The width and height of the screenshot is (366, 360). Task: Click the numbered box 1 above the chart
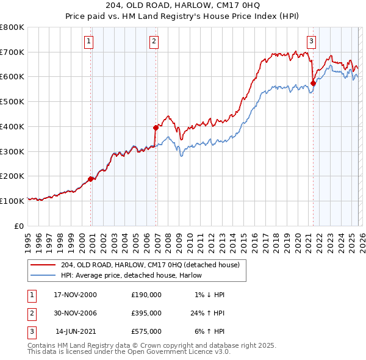pyautogui.click(x=88, y=41)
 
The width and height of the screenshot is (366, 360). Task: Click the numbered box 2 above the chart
pyautogui.click(x=154, y=41)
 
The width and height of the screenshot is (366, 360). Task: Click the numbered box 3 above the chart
pyautogui.click(x=311, y=41)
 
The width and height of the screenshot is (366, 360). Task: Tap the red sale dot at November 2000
pyautogui.click(x=91, y=179)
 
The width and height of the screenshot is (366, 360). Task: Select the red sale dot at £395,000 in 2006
pyautogui.click(x=156, y=128)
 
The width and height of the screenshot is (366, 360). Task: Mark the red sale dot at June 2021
pyautogui.click(x=313, y=83)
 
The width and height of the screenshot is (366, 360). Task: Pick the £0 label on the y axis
pyautogui.click(x=20, y=226)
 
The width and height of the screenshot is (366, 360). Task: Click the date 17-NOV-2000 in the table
pyautogui.click(x=75, y=295)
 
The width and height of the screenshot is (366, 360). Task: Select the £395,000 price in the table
pyautogui.click(x=146, y=313)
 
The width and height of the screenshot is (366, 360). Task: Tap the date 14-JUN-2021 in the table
pyautogui.click(x=76, y=331)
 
